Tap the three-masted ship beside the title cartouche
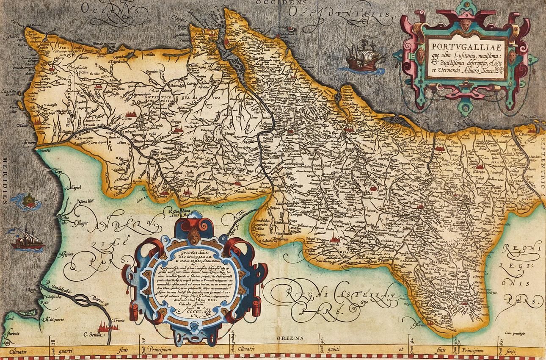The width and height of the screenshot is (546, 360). [x=363, y=55]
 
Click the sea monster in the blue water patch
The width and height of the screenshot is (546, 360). [x=28, y=201]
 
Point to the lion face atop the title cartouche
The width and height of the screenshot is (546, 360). [x=466, y=24]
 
